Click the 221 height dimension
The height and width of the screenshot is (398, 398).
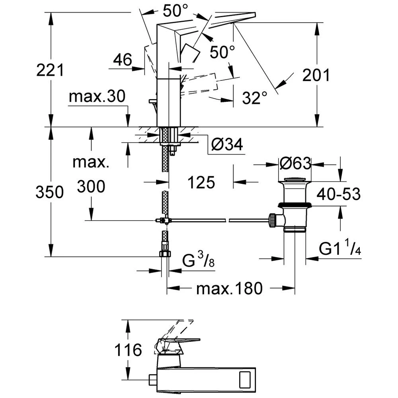50,70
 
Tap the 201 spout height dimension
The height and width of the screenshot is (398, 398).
316,75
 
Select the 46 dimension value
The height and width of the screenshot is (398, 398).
122,60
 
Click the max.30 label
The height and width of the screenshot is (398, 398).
97,96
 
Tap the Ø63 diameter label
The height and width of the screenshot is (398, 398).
294,164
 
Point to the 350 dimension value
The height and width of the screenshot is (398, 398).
50,193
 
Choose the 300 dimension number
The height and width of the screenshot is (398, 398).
92,186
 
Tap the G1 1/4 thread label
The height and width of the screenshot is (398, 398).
341,249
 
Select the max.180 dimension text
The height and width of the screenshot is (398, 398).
230,288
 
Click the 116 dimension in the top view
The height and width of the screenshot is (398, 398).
128,351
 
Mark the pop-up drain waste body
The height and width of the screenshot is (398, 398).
295,207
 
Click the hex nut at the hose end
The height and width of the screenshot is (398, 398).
165,254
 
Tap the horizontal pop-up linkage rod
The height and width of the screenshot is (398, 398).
219,220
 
